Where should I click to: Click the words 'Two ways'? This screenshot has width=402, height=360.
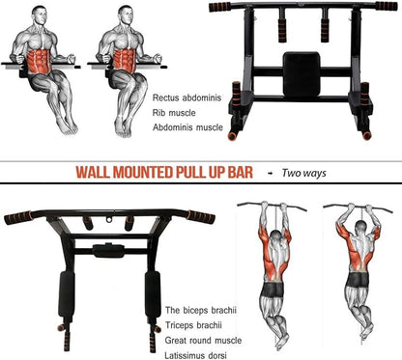tap(302, 174)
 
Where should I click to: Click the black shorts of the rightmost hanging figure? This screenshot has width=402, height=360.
tap(358, 279)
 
